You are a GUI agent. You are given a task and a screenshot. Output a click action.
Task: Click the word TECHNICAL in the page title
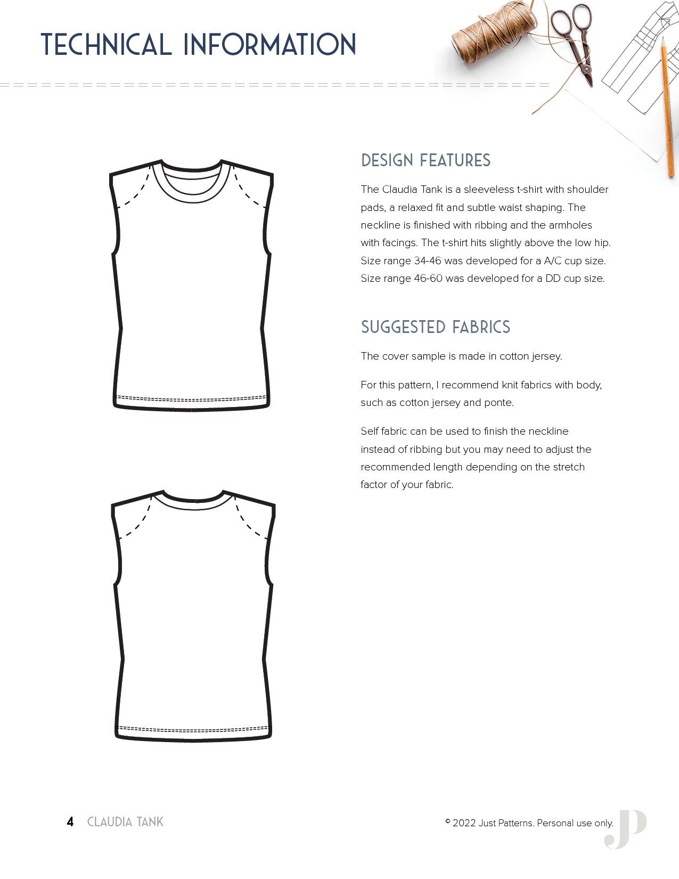coord(106,44)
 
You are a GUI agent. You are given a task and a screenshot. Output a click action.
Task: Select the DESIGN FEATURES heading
coord(426,160)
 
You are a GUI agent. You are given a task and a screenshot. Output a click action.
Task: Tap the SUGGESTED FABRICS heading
coord(435,327)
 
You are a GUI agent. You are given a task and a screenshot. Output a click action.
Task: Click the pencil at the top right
coord(668,107)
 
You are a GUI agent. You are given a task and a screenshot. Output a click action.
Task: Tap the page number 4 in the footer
coord(70,822)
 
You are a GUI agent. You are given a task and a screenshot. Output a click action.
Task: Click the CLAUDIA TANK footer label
coord(125,822)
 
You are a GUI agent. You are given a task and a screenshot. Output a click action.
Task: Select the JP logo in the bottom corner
coord(625,829)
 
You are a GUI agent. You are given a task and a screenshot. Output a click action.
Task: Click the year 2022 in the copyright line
coord(464,823)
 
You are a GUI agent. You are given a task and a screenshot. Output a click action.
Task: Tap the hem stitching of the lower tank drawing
coord(193,729)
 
